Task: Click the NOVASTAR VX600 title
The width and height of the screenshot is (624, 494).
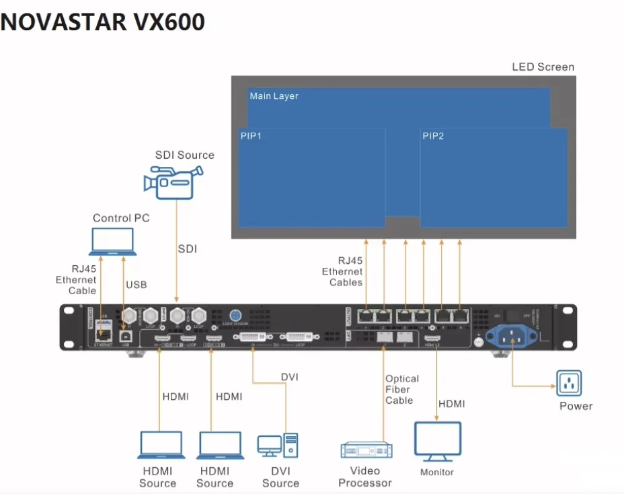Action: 103,22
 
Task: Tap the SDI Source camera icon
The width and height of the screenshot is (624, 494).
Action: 173,181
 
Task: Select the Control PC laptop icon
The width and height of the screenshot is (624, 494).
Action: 112,242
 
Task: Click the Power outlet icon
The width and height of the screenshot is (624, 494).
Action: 569,383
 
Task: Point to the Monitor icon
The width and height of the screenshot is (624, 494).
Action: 437,442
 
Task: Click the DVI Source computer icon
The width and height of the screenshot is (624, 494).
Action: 277,446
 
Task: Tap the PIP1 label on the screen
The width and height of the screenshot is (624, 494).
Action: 251,136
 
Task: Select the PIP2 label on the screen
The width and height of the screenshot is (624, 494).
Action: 433,136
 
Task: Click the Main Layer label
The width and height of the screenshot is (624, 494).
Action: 274,96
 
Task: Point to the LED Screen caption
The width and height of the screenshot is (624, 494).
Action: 543,67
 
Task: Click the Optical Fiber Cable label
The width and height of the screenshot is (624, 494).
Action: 402,390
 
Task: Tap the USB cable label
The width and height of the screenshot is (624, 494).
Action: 136,285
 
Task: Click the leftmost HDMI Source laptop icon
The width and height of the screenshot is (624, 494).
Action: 161,446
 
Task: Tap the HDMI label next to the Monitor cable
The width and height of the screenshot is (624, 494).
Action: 451,404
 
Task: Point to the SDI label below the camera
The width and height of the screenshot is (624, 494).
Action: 188,249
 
